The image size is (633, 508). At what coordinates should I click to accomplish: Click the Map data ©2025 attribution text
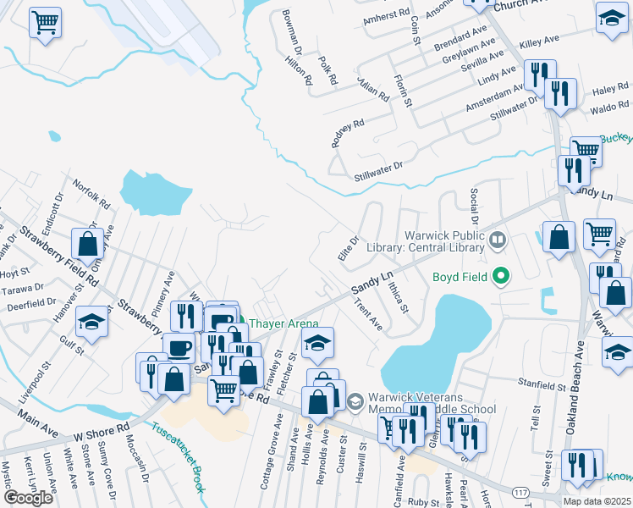pyautogui.click(x=597, y=501)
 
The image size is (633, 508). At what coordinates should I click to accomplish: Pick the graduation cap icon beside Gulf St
pyautogui.click(x=92, y=322)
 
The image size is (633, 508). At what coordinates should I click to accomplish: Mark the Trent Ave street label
pyautogui.click(x=368, y=314)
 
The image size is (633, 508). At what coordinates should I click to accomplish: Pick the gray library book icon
pyautogui.click(x=496, y=243)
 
